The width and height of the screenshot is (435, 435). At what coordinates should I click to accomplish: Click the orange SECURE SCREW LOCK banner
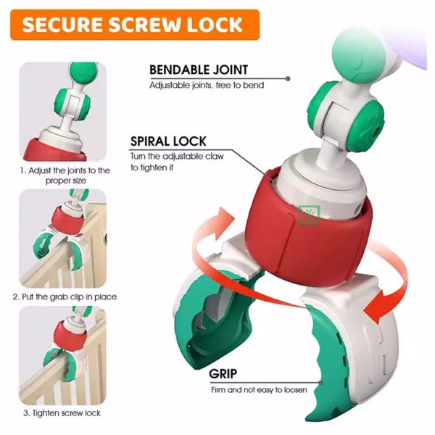135,25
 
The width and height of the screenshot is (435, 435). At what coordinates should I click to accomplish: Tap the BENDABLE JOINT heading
199,70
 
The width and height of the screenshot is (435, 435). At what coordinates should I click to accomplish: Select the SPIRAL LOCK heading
168,141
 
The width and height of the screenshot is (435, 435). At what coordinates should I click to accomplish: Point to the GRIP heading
223,373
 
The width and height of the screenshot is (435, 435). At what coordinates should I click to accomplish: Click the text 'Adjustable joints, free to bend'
207,85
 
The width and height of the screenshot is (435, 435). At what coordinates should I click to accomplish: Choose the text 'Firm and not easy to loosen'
259,390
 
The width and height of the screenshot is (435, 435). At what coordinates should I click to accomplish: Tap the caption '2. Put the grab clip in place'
65,297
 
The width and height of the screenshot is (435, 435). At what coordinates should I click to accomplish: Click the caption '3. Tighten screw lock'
62,413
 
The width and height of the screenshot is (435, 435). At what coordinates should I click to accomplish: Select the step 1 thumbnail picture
63,112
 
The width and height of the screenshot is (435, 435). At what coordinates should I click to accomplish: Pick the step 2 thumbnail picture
62,238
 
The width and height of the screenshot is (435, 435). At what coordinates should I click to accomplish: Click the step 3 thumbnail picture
62,355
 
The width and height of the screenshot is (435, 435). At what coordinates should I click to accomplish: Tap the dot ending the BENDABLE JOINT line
288,79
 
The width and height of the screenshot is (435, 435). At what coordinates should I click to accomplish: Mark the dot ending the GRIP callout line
321,383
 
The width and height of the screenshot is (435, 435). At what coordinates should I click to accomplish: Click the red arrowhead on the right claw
375,307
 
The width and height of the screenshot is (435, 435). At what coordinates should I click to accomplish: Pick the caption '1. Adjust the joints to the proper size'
65,175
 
